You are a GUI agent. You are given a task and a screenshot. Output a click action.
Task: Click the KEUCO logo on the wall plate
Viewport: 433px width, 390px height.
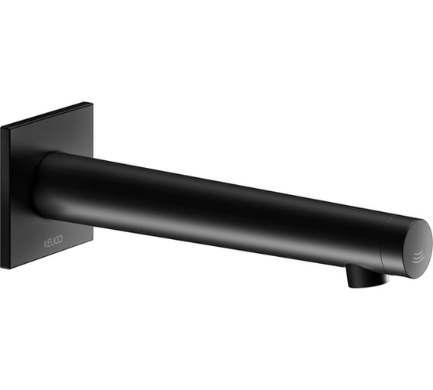coord(53,241)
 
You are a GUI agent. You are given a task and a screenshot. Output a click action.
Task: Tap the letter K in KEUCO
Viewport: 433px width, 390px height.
coord(46,244)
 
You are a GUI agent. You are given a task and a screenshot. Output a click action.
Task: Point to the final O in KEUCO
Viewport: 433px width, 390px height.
coord(60,239)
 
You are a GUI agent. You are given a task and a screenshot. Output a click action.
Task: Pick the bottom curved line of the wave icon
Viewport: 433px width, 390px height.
coord(418,262)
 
